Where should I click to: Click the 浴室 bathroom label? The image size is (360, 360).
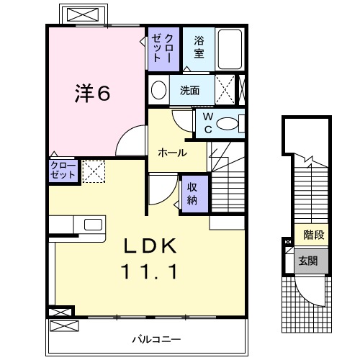[x=199, y=48]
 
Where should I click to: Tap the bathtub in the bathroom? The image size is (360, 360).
[x=231, y=49]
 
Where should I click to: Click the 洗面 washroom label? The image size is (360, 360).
[x=189, y=91]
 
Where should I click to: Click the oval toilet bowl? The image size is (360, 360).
[x=230, y=124]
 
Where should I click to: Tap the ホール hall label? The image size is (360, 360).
[x=172, y=153]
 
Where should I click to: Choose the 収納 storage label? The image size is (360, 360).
[x=193, y=192]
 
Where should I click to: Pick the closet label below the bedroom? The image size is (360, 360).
[x=62, y=171]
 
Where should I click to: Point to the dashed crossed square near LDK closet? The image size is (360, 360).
[x=93, y=171]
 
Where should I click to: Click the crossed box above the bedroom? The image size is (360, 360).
[x=86, y=14]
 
